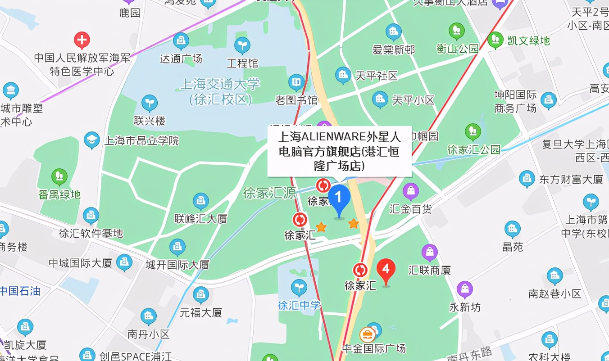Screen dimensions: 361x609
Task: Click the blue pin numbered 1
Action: pyautogui.click(x=339, y=199)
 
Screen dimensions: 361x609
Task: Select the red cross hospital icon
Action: pyautogui.click(x=82, y=41)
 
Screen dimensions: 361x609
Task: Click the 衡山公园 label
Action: pyautogui.click(x=457, y=49)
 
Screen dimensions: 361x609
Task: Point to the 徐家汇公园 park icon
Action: pyautogui.click(x=473, y=131)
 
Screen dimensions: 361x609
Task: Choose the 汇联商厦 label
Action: pyautogui.click(x=429, y=270)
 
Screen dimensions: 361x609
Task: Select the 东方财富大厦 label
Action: pyautogui.click(x=571, y=179)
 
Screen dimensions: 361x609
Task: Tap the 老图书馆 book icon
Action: pyautogui.click(x=296, y=82)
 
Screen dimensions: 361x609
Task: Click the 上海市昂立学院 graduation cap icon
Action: pyautogui.click(x=91, y=140)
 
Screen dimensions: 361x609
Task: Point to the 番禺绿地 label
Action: pyautogui.click(x=59, y=194)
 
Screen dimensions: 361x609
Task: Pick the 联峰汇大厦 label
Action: pyautogui.click(x=201, y=219)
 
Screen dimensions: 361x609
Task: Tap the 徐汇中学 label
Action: pyautogui.click(x=299, y=305)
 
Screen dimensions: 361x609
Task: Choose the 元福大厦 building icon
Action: pyautogui.click(x=201, y=295)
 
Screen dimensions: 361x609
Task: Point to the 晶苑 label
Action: pyautogui.click(x=513, y=247)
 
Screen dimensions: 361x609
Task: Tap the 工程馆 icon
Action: pyautogui.click(x=242, y=45)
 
